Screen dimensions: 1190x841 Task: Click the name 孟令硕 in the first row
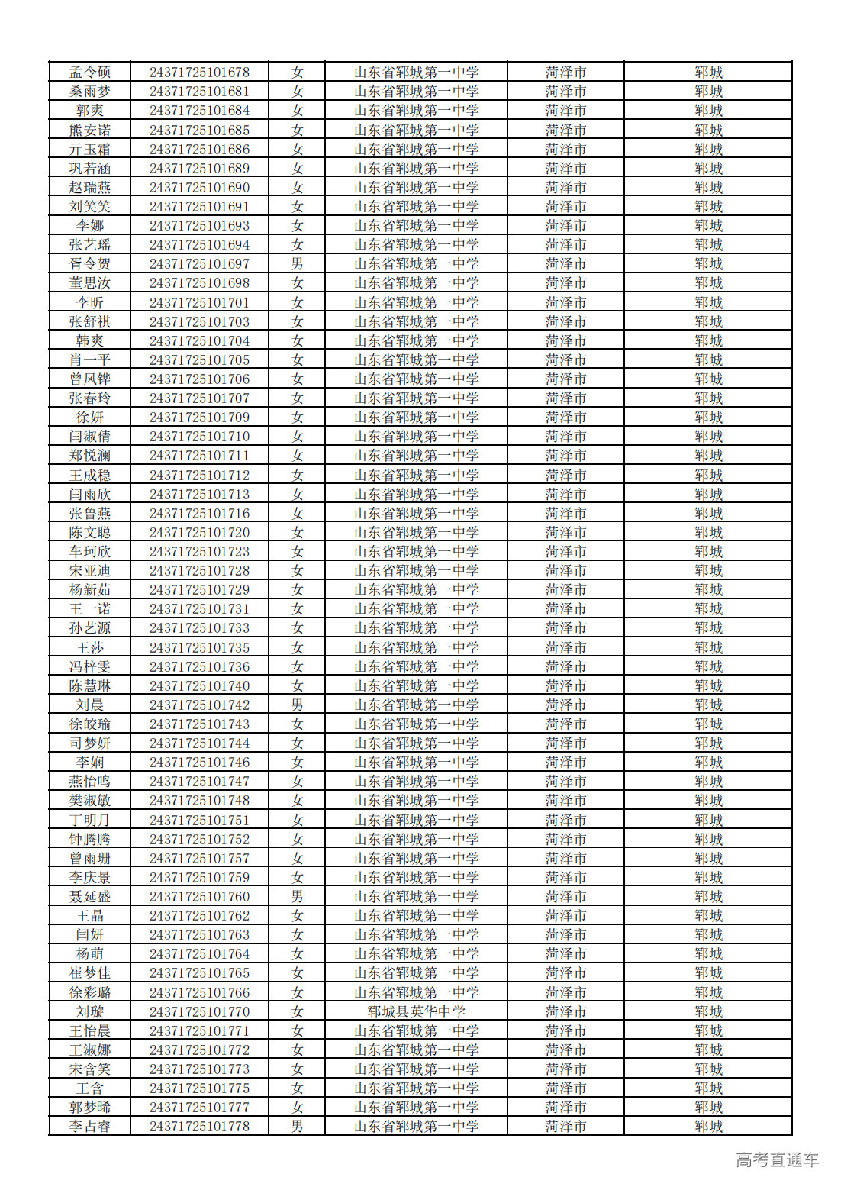(90, 73)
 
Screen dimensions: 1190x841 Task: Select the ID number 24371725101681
(199, 92)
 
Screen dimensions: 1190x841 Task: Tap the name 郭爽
(90, 111)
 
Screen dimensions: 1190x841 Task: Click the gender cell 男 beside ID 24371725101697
(297, 264)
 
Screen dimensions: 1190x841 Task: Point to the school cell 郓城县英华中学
(416, 1012)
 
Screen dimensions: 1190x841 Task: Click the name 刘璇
(90, 1012)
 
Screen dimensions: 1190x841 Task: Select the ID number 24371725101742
(199, 705)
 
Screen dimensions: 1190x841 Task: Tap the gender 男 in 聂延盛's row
(297, 897)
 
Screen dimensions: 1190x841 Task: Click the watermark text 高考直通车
(777, 1160)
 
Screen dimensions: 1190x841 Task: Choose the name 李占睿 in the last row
(90, 1127)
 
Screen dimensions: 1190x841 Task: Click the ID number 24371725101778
(199, 1127)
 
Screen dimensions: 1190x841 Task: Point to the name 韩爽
(90, 341)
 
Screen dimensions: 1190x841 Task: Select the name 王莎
(90, 648)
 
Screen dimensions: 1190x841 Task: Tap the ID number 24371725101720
(199, 533)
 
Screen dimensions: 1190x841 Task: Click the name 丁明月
(90, 821)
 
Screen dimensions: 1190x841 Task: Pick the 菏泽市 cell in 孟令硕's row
(565, 73)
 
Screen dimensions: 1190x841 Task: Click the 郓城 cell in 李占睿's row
(708, 1127)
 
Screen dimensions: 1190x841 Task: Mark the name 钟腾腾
(90, 840)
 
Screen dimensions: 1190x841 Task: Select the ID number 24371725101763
(199, 935)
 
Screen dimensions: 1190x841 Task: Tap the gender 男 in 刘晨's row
(297, 705)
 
